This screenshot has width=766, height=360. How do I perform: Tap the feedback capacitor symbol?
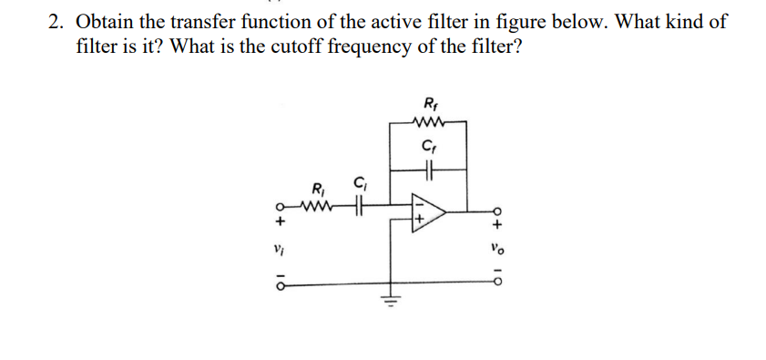(x=430, y=168)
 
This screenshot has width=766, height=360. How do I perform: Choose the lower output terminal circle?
(x=496, y=284)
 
